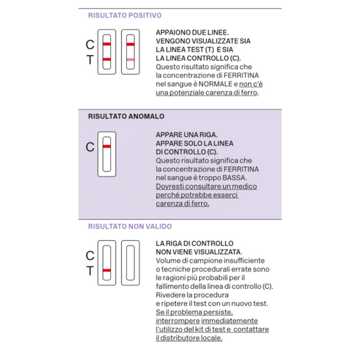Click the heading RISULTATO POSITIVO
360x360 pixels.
[125, 15]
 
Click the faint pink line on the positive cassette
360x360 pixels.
[130, 58]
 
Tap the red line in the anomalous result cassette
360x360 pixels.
[106, 147]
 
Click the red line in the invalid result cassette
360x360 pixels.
[106, 271]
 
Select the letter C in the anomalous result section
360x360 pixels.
[90, 147]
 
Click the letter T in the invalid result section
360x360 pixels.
[89, 271]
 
